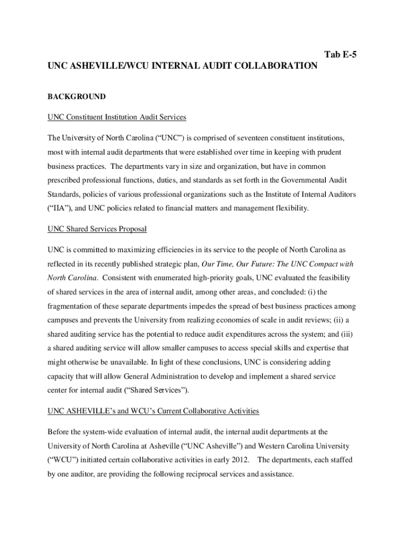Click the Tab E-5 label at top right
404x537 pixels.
(341, 55)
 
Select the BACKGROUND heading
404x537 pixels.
(77, 96)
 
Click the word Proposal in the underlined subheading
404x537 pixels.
(132, 229)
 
